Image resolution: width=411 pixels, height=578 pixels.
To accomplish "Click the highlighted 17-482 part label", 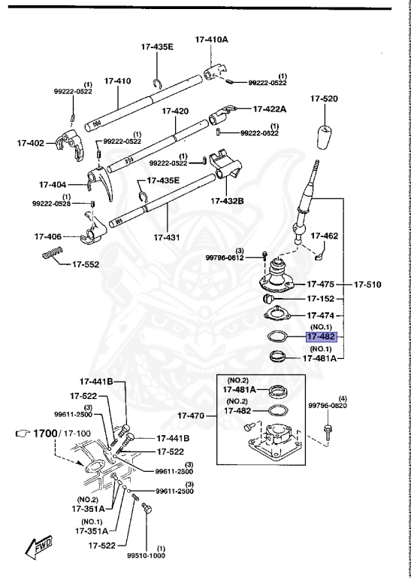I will (320, 338).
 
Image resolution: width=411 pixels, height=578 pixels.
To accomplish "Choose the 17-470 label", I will (192, 415).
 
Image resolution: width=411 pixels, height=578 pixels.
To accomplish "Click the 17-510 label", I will (368, 284).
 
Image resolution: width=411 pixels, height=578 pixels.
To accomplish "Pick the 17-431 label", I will (167, 238).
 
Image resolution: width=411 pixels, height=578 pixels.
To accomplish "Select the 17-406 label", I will (47, 236).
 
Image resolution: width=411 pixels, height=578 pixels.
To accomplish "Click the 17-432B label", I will (227, 201).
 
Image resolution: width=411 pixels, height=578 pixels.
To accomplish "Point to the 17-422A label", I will (270, 108).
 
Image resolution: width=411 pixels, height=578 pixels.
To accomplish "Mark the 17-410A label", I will (211, 38).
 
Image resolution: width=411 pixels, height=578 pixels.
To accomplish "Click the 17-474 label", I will (321, 315).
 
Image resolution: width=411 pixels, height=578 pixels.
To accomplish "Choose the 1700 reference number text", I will (44, 433).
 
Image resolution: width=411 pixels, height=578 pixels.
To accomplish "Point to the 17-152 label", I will (321, 299).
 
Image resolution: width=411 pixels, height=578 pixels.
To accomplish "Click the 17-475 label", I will (321, 284).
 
